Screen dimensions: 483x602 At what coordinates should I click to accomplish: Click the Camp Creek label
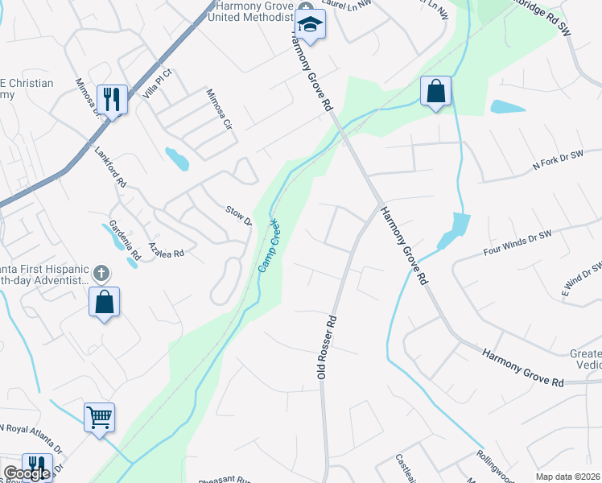pos(268,245)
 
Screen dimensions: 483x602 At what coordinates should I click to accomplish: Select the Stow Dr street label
pos(239,216)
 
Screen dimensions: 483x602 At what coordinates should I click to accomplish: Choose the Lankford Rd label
pos(111,167)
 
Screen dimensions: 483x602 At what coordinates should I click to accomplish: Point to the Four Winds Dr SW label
pos(517,240)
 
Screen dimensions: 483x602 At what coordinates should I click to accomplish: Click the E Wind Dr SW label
pos(581,279)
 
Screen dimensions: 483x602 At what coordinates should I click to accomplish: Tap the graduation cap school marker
pos(309,25)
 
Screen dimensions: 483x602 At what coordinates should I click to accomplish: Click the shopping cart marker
pos(100,418)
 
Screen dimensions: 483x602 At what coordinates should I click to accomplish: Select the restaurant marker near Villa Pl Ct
pos(111,100)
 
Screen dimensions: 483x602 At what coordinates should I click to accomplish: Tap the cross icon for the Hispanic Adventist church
pos(101,273)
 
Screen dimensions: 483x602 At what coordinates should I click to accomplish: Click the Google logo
pos(26,473)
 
